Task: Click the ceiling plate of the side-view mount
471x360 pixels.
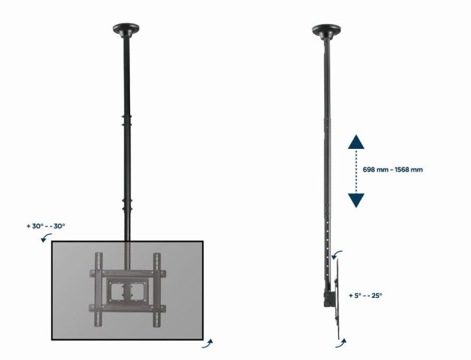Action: pos(327,29)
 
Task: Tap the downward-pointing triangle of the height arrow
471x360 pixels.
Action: pos(356,200)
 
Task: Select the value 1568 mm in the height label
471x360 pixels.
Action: pos(408,170)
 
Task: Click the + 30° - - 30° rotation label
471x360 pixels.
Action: pos(46,226)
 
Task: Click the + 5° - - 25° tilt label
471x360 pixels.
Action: pos(365,295)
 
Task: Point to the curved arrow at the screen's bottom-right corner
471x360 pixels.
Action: pos(208,343)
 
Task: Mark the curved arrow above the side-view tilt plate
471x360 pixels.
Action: pos(338,253)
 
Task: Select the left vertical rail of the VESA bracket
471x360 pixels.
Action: pos(98,288)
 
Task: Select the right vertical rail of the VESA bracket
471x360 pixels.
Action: pos(156,288)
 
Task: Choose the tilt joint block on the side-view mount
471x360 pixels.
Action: pos(329,295)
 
